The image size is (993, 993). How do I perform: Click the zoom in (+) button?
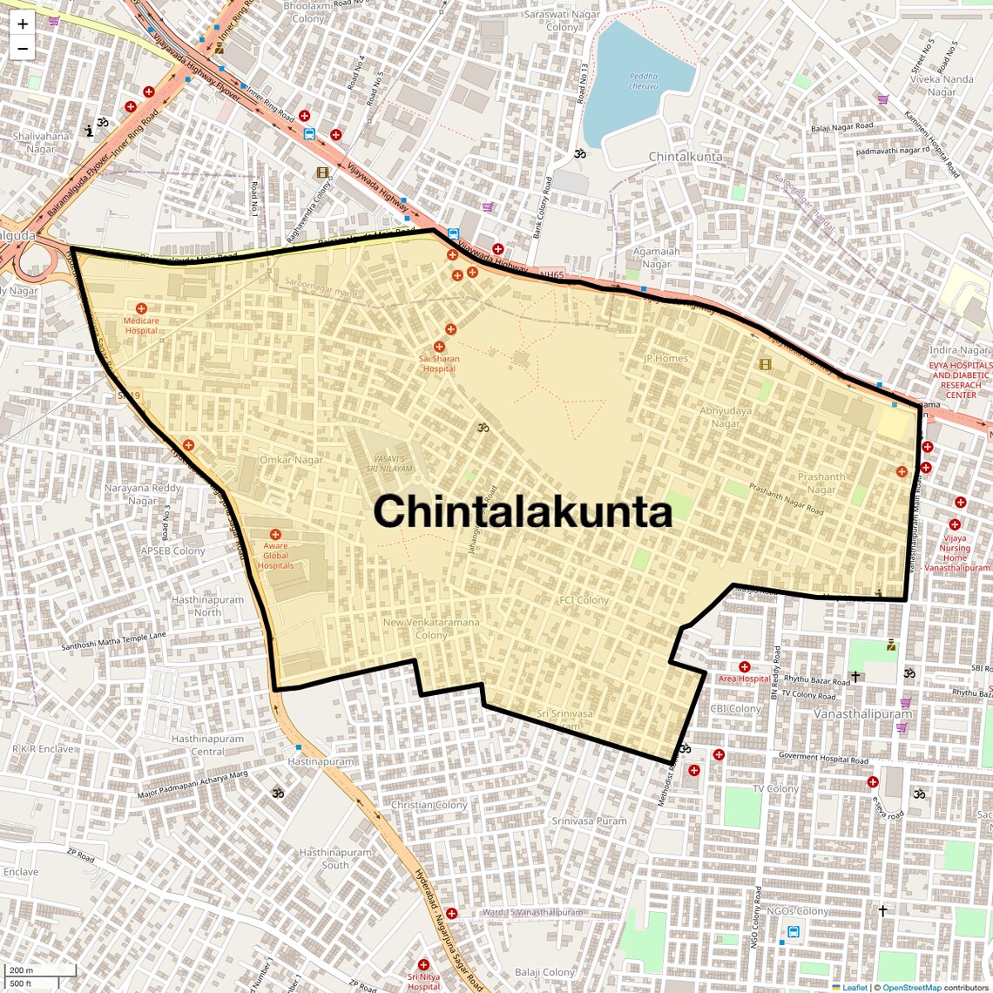tap(23, 24)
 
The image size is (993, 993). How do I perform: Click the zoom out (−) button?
tap(23, 48)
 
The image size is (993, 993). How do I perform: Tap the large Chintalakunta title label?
tap(523, 511)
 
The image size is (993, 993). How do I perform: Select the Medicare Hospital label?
tap(141, 326)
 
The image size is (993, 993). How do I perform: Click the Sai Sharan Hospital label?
tap(439, 363)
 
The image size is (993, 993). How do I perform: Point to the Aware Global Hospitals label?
tap(275, 556)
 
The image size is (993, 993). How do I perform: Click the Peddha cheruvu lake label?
tap(644, 81)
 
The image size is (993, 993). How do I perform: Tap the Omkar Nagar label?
tap(291, 460)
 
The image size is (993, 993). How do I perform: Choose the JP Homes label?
tap(665, 358)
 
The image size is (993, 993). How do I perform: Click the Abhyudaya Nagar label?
tap(726, 417)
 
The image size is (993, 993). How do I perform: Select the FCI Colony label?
tap(584, 600)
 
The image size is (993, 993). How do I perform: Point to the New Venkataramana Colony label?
tap(431, 629)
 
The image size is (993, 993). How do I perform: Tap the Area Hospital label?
tap(744, 679)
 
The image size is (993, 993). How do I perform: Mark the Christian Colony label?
tap(429, 805)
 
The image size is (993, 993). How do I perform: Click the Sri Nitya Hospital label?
tap(423, 982)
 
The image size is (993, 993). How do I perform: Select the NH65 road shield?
tap(551, 275)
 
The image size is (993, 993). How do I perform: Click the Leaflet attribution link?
tap(854, 987)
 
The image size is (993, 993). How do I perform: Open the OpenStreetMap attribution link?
tap(912, 987)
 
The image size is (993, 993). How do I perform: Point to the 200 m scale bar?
tap(40, 970)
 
